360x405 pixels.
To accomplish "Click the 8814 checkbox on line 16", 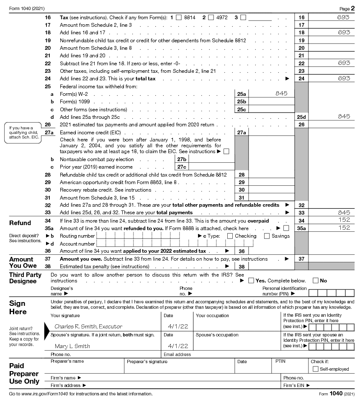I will point(179,18).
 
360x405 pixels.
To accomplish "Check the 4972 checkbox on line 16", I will point(211,18).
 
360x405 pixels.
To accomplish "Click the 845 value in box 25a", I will point(281,93).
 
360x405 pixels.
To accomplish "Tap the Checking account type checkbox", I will point(230,236).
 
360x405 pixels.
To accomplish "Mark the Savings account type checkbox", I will point(267,236).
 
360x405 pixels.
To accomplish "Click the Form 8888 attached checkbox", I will point(286,228).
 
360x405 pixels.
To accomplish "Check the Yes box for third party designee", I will point(251,280).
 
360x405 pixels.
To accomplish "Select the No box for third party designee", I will point(316,280).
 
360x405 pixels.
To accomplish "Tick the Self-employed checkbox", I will point(316,369).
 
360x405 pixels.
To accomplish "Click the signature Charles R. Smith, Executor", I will point(88,326).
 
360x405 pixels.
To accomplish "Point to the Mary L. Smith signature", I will point(72,346).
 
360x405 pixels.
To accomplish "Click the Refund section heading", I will point(20,223).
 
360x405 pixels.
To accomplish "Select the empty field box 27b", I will point(211,159).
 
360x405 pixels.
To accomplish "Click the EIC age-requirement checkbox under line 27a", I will point(226,151).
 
